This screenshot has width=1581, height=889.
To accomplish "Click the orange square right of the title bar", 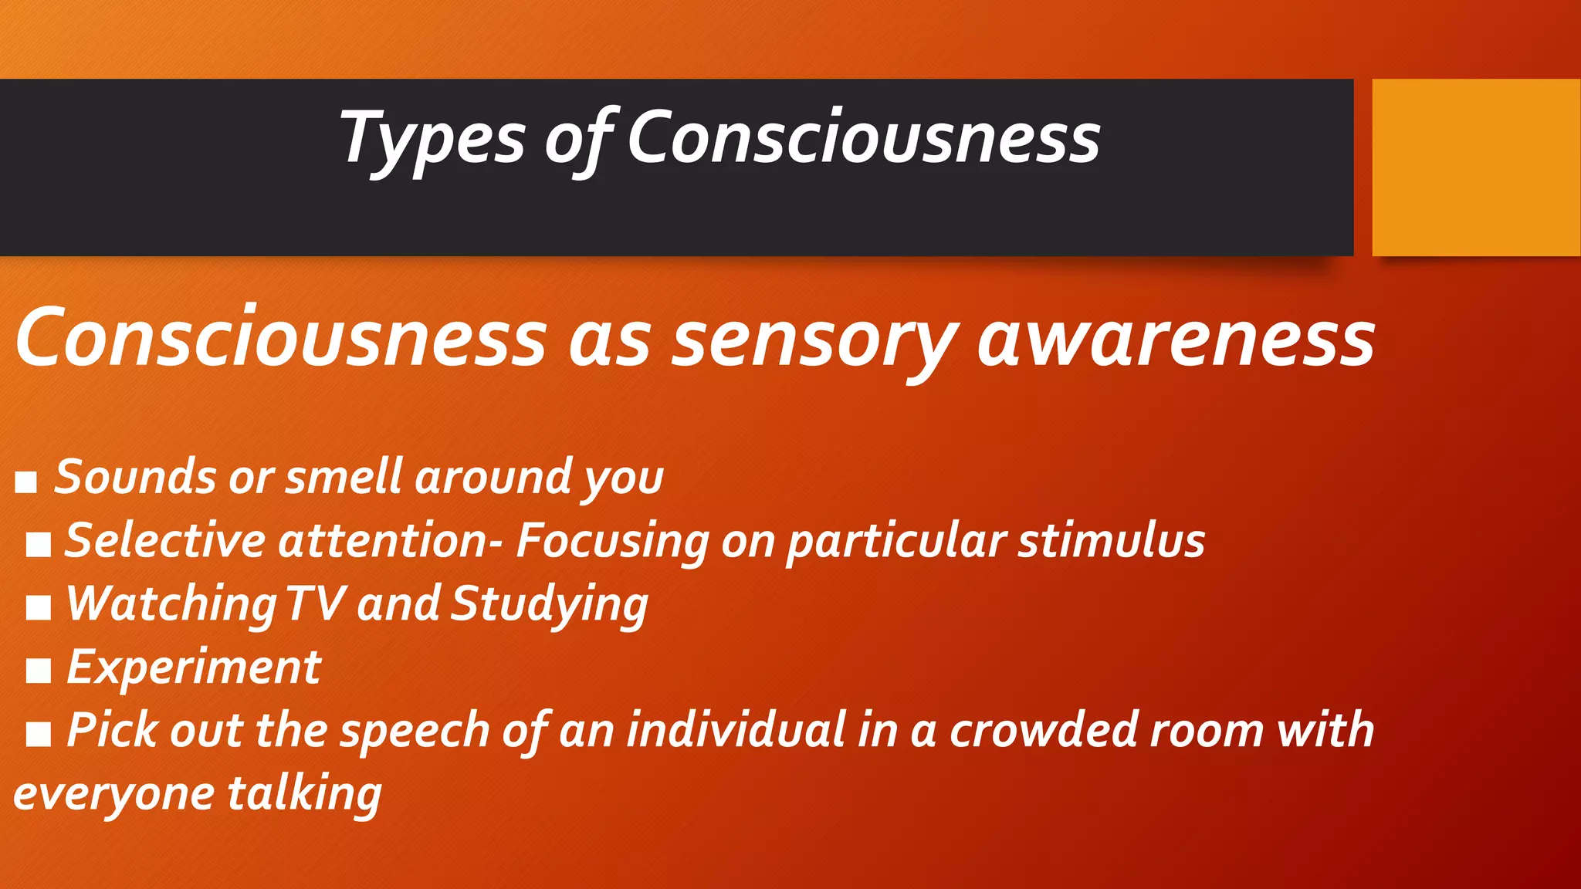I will coord(1476,167).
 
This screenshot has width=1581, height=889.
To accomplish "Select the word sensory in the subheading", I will coord(814,340).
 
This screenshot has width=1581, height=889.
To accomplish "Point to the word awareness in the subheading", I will coord(1176,340).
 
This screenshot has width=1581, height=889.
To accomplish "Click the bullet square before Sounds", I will coord(26,482).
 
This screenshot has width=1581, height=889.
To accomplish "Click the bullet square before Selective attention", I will coord(39,545).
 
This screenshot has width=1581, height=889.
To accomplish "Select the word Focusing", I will coord(612,541).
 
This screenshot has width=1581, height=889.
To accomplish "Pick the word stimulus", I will coord(1111,540).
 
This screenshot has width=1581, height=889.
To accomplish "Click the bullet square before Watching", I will coord(39,608).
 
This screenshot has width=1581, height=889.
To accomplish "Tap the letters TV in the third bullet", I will coord(315,603).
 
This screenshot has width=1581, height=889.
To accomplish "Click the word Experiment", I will coord(194,667).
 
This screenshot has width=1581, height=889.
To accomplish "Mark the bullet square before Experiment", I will coord(39,671).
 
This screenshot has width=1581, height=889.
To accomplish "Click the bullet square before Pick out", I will coord(39,735).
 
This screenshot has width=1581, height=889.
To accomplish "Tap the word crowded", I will coord(1043,730).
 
